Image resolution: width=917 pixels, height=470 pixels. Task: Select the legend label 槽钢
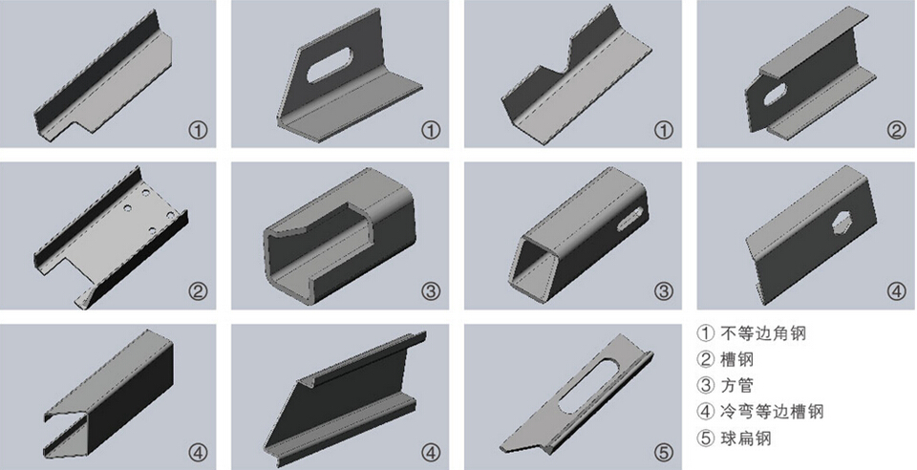coord(736,359)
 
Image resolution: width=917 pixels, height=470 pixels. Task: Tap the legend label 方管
coord(736,385)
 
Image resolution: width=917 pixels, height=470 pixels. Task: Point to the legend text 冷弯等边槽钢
coord(772,412)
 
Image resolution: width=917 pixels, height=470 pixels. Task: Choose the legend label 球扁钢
coord(746,438)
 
